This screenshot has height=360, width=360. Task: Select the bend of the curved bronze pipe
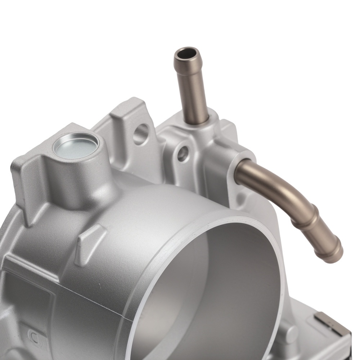(x=284, y=187)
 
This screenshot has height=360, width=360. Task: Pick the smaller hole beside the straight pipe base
(x=183, y=154)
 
